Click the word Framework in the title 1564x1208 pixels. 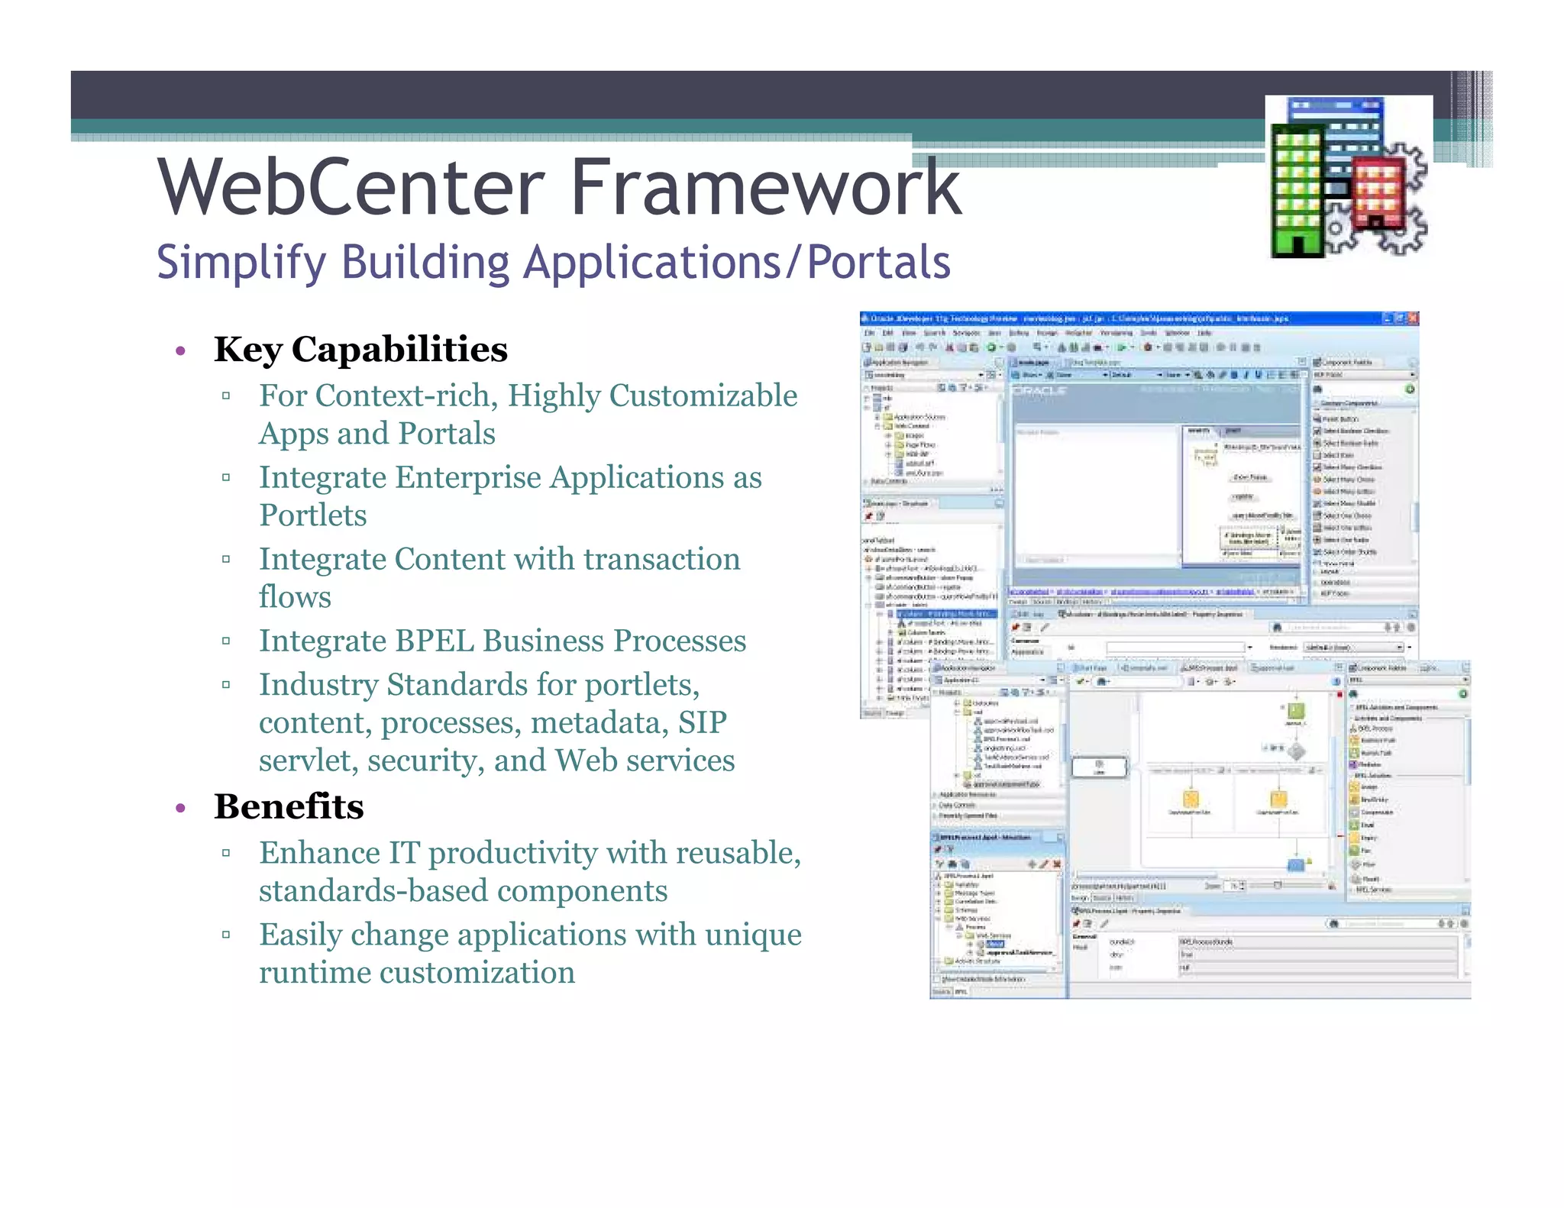pyautogui.click(x=765, y=187)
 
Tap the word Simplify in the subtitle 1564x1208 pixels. pyautogui.click(x=242, y=263)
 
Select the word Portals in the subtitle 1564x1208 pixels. pyautogui.click(x=878, y=263)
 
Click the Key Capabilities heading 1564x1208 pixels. pyautogui.click(x=360, y=350)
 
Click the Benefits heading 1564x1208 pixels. pyautogui.click(x=289, y=807)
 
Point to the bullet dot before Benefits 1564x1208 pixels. pyautogui.click(x=181, y=809)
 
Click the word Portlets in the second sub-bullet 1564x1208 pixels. pyautogui.click(x=313, y=515)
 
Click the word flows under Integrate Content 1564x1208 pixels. pyautogui.click(x=295, y=597)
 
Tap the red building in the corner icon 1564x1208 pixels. pyautogui.click(x=1378, y=191)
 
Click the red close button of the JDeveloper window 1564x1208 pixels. pyautogui.click(x=1413, y=318)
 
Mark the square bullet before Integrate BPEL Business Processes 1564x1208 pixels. pyautogui.click(x=226, y=641)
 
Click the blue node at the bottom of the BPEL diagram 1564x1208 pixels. pyautogui.click(x=1296, y=865)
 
